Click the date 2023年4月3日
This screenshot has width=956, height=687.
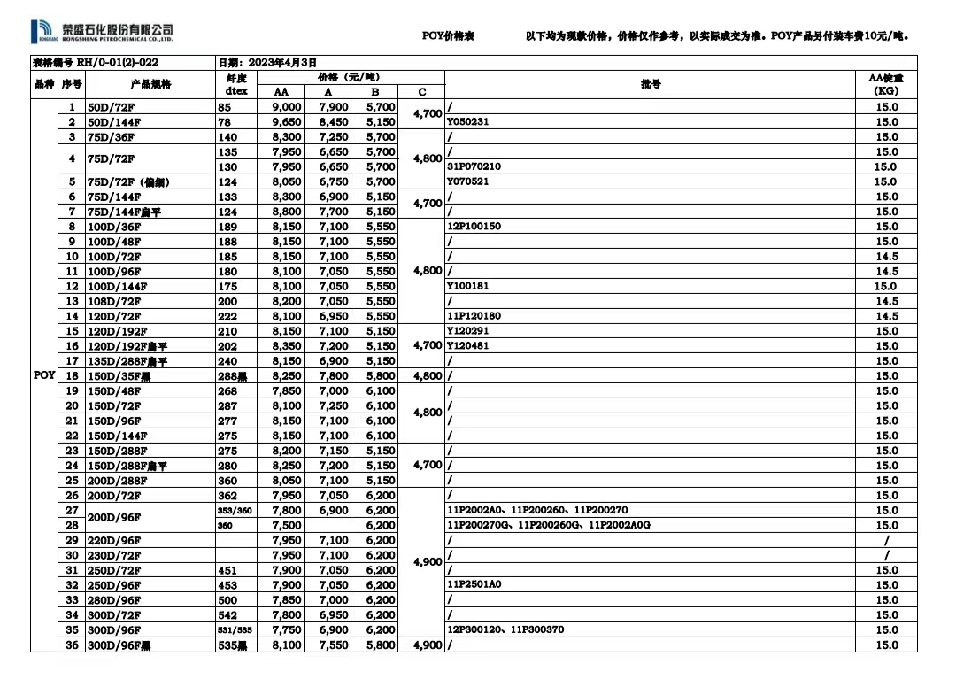267,63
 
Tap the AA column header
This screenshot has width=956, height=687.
281,92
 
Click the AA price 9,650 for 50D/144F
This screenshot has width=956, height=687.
287,122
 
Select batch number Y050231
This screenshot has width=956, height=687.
468,122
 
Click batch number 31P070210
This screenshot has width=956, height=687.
474,166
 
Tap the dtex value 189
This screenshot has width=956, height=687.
227,227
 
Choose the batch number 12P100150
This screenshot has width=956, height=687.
474,227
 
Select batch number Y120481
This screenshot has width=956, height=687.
468,346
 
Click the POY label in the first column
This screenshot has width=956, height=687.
44,375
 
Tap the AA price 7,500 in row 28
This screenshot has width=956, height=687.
287,526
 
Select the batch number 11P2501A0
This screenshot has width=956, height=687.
474,585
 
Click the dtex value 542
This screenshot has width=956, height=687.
227,615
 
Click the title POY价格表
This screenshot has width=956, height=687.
449,36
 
